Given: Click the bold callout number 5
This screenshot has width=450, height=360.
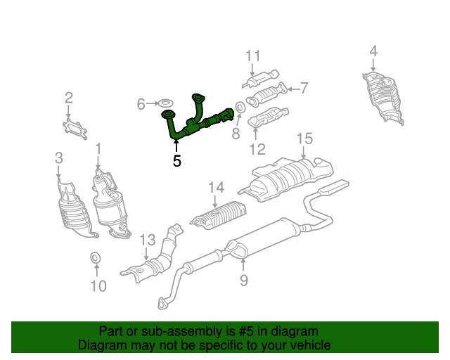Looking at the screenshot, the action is pyautogui.click(x=176, y=161).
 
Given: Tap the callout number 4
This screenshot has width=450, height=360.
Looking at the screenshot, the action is pyautogui.click(x=373, y=51).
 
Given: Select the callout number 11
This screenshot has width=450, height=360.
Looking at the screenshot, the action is pyautogui.click(x=253, y=56).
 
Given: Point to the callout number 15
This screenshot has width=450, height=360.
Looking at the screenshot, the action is pyautogui.click(x=304, y=139).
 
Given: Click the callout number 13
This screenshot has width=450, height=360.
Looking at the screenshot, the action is pyautogui.click(x=148, y=240).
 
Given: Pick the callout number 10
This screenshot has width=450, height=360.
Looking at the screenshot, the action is pyautogui.click(x=98, y=286).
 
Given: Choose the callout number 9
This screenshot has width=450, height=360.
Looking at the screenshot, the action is pyautogui.click(x=244, y=280).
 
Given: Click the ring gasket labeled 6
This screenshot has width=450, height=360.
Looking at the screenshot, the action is pyautogui.click(x=166, y=103).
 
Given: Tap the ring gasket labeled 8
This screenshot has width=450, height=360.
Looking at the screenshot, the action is pyautogui.click(x=240, y=108).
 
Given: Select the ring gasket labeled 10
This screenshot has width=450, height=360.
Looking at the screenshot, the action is pyautogui.click(x=96, y=257).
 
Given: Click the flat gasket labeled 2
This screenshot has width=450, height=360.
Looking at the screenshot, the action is pyautogui.click(x=75, y=130).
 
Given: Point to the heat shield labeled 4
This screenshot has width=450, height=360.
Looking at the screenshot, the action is pyautogui.click(x=383, y=98).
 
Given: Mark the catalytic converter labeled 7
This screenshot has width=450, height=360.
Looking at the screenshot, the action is pyautogui.click(x=267, y=95).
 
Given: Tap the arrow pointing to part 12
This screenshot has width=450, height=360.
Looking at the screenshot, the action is pyautogui.click(x=255, y=134).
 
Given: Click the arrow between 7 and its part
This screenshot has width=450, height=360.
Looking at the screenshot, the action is pyautogui.click(x=293, y=89).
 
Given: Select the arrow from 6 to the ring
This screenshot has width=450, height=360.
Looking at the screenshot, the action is pyautogui.click(x=152, y=103).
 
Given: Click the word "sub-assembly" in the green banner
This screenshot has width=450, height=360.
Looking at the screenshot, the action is pyautogui.click(x=182, y=331).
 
